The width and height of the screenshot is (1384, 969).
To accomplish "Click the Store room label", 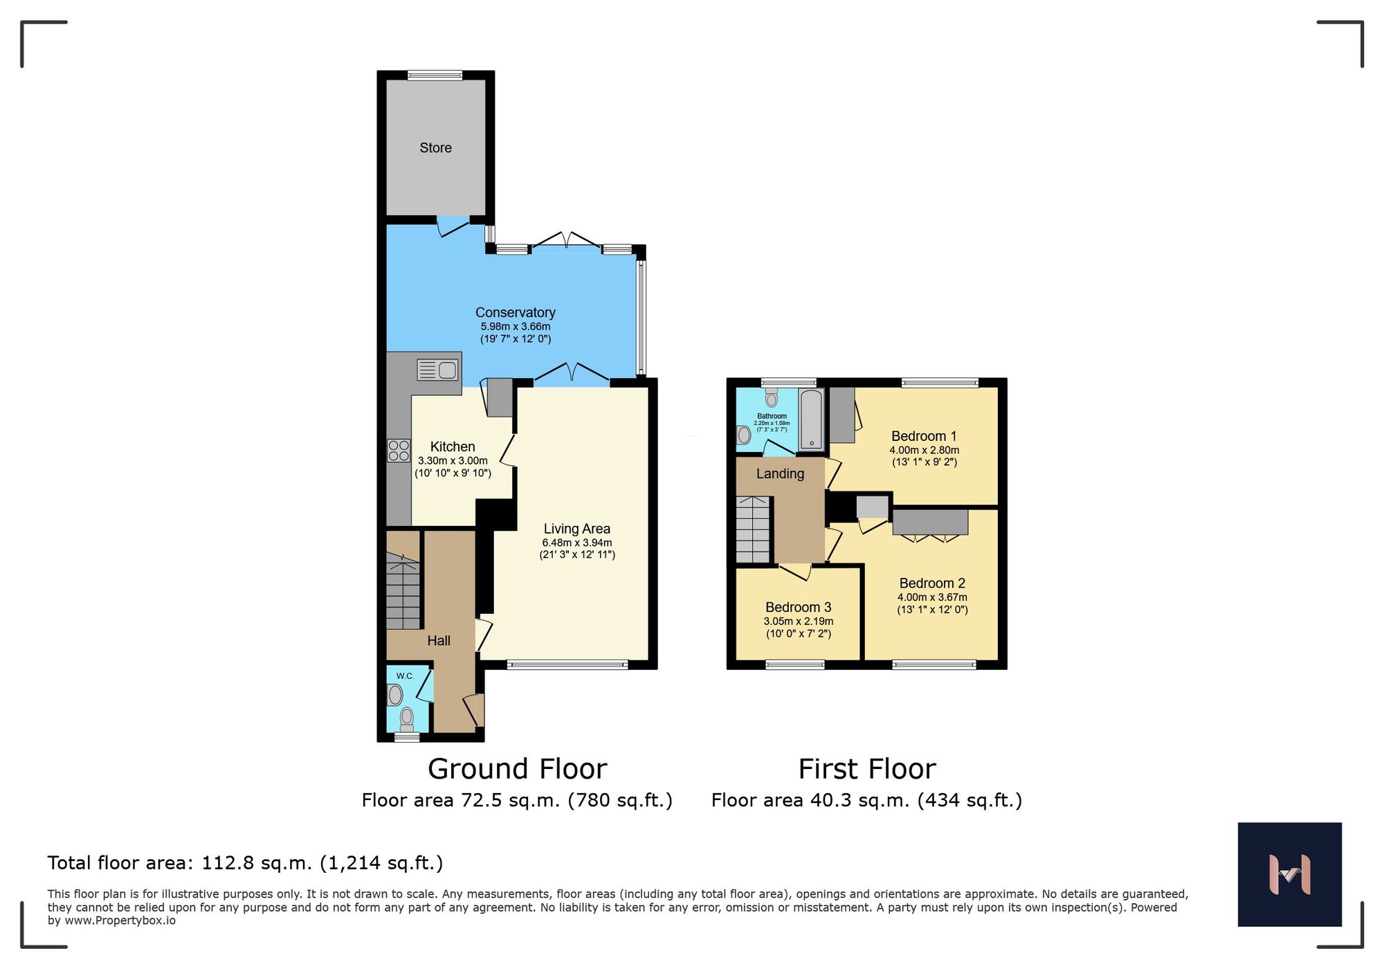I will click(435, 147).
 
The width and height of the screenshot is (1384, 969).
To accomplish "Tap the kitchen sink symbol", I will click(438, 370).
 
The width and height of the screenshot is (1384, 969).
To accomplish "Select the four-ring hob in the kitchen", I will click(399, 451).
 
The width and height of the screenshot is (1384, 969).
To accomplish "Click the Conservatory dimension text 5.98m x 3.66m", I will click(516, 326).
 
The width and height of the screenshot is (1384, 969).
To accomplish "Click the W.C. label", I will click(405, 676).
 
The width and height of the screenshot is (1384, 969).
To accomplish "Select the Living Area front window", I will click(567, 665).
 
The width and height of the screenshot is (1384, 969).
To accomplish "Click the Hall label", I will click(439, 641).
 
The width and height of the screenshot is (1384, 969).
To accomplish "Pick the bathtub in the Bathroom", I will click(811, 419).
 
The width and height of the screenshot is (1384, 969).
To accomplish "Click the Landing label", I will click(780, 474).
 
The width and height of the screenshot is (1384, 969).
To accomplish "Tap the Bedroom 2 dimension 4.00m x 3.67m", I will click(932, 597).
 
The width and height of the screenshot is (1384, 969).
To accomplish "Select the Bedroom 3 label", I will click(798, 607).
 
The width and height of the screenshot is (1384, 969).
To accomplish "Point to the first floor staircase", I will click(753, 530).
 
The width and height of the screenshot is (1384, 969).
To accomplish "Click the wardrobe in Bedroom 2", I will click(929, 522).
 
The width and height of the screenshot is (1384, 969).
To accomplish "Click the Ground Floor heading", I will click(517, 769).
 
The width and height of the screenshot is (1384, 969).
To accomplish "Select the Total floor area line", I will click(245, 863).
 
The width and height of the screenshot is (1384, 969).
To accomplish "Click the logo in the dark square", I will click(1289, 874).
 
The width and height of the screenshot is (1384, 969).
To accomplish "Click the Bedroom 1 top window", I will click(940, 382).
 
